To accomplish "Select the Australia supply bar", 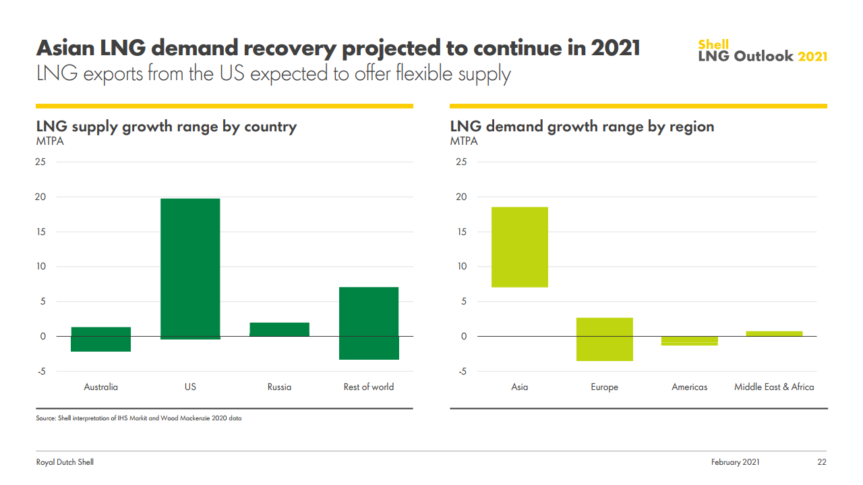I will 100,339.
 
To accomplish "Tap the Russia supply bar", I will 279,329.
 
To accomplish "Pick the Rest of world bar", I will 369,323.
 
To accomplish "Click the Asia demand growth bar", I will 519,247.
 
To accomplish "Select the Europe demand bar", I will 605,339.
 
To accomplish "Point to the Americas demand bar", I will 689,341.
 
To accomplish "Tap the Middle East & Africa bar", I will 774,333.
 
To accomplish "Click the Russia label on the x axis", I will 279,387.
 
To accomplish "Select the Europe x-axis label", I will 605,387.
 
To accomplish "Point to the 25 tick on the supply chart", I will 41,162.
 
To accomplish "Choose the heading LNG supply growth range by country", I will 166,127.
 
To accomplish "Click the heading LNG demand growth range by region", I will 582,127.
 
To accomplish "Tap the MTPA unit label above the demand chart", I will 464,141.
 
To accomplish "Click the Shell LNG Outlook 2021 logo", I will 762,51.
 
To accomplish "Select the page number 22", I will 821,462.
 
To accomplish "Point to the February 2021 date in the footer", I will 735,462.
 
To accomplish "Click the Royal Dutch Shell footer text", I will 65,462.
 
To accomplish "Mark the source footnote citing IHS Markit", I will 138,418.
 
